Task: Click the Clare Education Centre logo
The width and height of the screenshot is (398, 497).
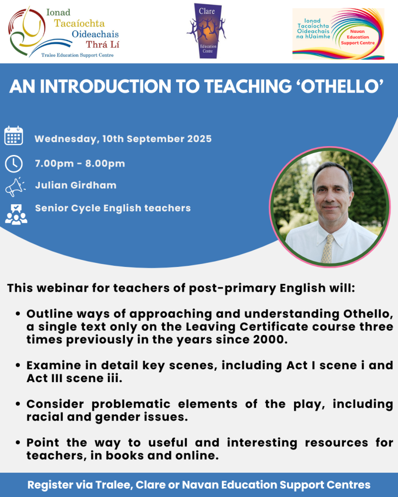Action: pos(206,31)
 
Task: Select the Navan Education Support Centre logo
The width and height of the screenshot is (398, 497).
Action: pos(338,33)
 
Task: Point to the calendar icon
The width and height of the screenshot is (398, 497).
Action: pos(13,136)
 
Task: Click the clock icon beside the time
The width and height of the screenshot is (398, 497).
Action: pos(13,164)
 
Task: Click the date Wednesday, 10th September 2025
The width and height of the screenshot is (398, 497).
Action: pos(123,139)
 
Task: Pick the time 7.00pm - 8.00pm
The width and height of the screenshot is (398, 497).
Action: pos(80,164)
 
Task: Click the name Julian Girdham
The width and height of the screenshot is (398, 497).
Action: pos(76,185)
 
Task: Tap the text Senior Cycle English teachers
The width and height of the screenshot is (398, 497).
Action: pos(112,208)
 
